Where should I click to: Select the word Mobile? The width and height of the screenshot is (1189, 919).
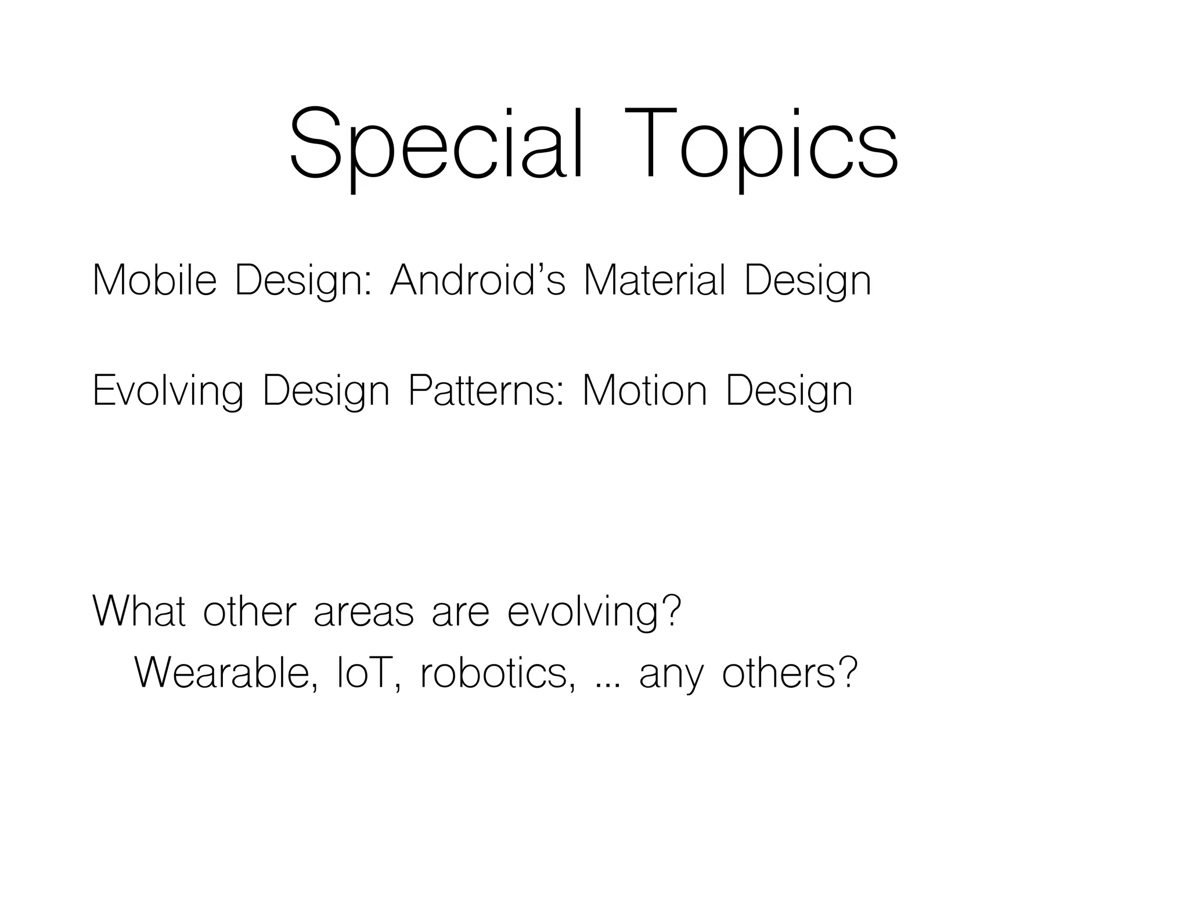click(x=154, y=281)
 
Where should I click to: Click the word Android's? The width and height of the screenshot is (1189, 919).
click(x=477, y=281)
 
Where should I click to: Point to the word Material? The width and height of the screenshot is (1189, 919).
click(x=654, y=281)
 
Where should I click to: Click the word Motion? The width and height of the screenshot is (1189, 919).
click(x=644, y=391)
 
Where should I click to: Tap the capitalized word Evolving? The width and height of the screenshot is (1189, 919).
click(x=168, y=391)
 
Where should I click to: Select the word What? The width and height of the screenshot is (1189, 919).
click(x=139, y=611)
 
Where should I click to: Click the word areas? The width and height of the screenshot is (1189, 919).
click(x=364, y=612)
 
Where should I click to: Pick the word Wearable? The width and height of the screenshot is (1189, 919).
click(x=226, y=673)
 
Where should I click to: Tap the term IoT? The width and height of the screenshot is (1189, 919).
click(x=365, y=673)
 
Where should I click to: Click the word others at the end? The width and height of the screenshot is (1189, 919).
click(x=781, y=673)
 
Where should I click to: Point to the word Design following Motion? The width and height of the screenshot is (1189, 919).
click(x=790, y=391)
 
